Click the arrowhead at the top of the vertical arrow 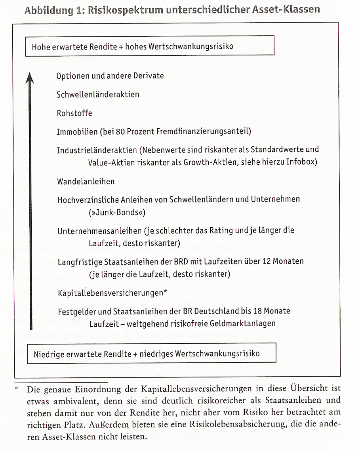tap(29, 77)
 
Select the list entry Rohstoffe tap(74, 113)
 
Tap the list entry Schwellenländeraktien tap(98, 95)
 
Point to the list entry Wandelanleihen tap(86, 181)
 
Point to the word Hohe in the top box tap(41, 46)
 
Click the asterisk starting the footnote tap(17, 389)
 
